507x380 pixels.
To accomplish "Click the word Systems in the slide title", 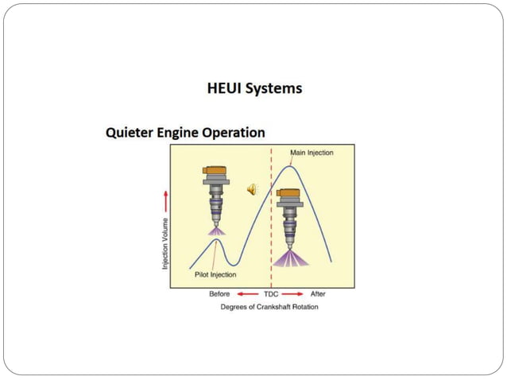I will (274, 88).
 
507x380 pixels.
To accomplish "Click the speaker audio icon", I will (252, 188).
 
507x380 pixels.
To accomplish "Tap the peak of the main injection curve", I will (292, 165).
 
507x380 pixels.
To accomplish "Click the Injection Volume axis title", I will (165, 242).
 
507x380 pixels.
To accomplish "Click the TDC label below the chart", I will (271, 294).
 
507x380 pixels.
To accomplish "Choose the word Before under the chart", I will (219, 294).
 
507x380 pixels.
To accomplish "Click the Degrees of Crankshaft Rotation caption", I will (269, 306).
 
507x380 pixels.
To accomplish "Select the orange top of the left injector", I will (214, 170).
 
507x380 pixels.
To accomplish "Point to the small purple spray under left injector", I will (214, 230).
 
